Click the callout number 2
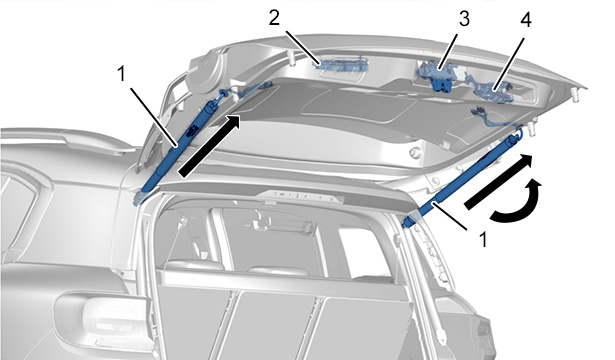coord(274,18)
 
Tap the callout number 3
coord(464,19)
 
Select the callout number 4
coord(526,20)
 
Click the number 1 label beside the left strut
coord(122,74)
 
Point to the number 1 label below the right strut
coord(484,240)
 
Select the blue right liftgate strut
coord(463,179)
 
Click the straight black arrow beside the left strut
coord(209,146)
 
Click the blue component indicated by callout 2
coord(342,64)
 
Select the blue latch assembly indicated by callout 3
coord(438,75)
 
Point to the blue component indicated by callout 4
coord(493,92)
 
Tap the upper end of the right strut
coord(517,136)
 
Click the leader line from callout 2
coord(301,47)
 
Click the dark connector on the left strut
coord(192,130)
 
